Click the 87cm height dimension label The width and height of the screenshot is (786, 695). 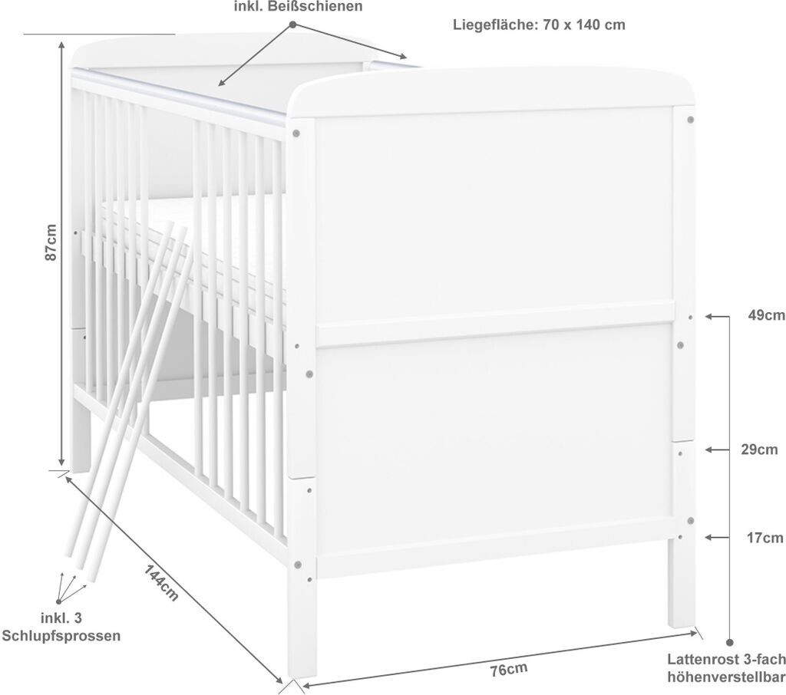click(51, 242)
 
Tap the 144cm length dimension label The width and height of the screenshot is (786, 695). click(162, 583)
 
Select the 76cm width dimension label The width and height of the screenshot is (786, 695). click(509, 669)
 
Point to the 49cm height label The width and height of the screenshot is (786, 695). click(766, 316)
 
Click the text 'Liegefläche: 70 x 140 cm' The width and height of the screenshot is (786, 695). click(539, 25)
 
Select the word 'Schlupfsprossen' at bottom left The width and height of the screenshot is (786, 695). click(61, 636)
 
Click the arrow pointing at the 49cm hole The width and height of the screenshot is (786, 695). click(715, 316)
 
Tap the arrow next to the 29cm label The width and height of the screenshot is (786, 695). click(715, 450)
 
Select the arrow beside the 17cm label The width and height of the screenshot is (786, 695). click(715, 538)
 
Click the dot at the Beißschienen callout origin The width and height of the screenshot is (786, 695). click(292, 25)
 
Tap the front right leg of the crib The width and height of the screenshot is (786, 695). click(682, 583)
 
